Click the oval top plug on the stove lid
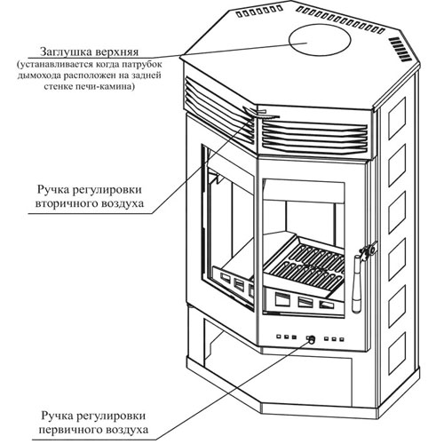click(x=320, y=40)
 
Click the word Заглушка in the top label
click(x=66, y=52)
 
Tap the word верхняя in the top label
click(x=117, y=52)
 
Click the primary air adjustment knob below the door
click(x=312, y=340)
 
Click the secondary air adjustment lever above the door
click(x=260, y=113)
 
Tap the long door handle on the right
click(x=357, y=283)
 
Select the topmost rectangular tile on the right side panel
click(x=397, y=118)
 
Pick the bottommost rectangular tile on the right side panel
click(x=397, y=353)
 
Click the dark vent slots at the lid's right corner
click(x=399, y=50)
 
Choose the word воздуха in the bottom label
click(x=128, y=430)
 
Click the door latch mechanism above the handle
click(x=369, y=250)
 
